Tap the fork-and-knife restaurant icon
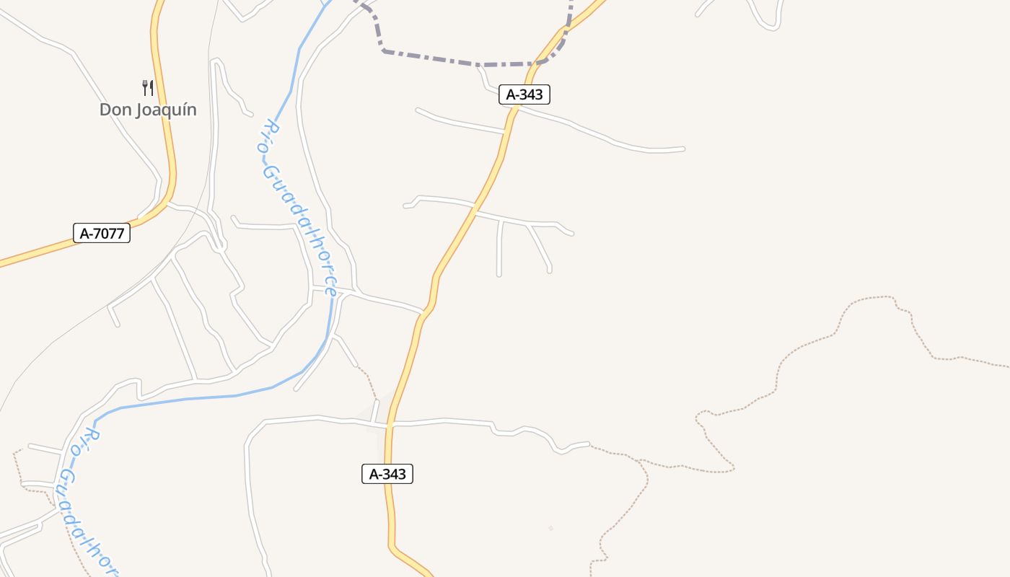click(x=148, y=88)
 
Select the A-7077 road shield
click(x=102, y=233)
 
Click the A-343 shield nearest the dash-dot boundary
click(x=524, y=94)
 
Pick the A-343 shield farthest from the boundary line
click(x=387, y=474)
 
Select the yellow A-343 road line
click(x=469, y=216)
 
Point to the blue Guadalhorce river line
click(x=216, y=397)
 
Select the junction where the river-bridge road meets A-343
click(x=423, y=313)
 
